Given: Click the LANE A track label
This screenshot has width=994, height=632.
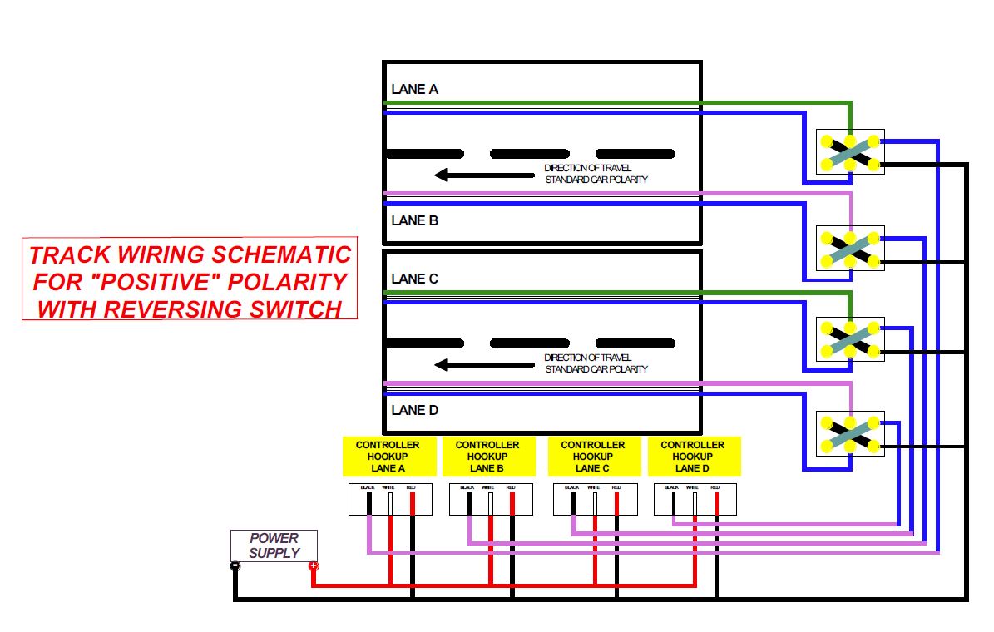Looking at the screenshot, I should click(414, 89).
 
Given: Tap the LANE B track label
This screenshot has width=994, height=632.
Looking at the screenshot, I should click(414, 221).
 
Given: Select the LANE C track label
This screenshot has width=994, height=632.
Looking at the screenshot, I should click(414, 279).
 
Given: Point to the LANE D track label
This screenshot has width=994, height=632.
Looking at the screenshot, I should click(414, 410).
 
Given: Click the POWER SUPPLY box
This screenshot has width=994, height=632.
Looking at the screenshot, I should click(274, 546).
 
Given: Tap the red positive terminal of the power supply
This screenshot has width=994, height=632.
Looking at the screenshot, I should click(313, 567).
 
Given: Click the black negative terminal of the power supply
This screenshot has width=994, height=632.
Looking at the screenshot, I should click(235, 567).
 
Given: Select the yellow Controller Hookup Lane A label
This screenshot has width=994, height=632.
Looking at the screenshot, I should click(388, 457).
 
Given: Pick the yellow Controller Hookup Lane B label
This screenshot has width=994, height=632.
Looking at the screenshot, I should click(487, 457).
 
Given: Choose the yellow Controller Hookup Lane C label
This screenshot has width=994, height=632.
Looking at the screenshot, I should click(593, 457).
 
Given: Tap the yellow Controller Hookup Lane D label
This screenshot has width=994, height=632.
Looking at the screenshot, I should click(693, 457).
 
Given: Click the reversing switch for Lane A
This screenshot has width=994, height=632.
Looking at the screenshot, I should click(850, 151).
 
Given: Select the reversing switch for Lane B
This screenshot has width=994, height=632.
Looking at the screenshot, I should click(850, 248).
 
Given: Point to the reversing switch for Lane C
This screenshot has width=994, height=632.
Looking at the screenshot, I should click(850, 338).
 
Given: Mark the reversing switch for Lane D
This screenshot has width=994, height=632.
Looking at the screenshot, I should click(850, 432).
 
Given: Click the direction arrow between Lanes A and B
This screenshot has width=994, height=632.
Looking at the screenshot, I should click(487, 175).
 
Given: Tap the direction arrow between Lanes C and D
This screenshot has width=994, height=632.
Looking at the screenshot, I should click(487, 364).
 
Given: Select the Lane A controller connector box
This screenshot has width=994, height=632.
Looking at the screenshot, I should click(390, 499).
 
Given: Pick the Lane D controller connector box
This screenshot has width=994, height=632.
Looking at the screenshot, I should click(695, 499).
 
